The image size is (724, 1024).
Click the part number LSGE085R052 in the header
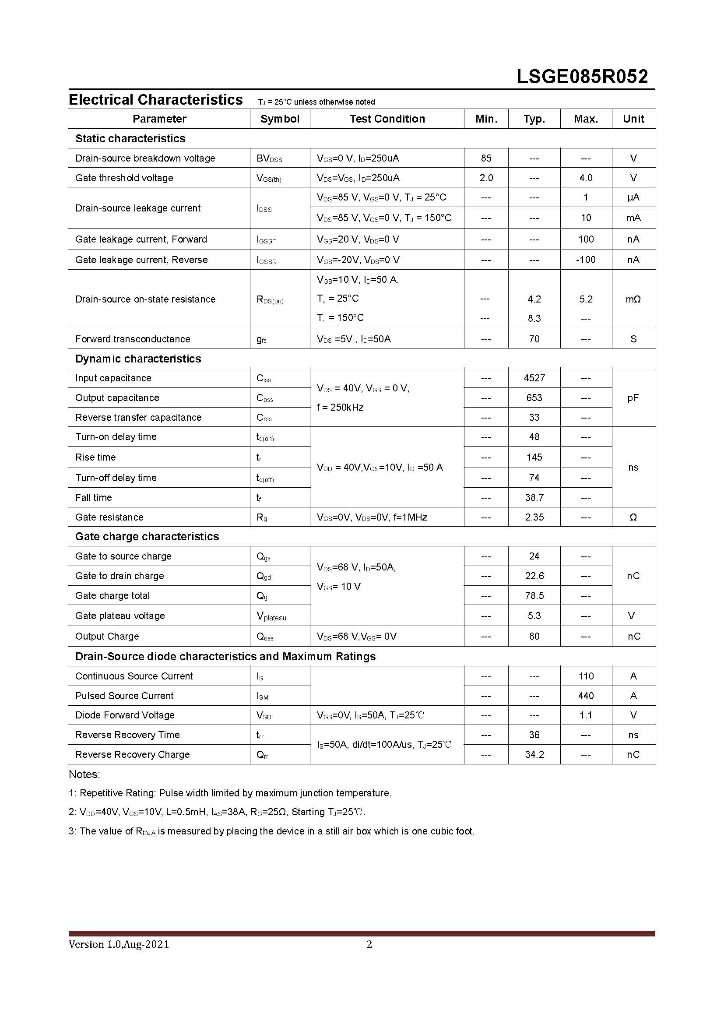pyautogui.click(x=582, y=77)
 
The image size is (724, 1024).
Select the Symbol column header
pyautogui.click(x=280, y=119)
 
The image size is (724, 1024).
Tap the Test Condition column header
pyautogui.click(x=387, y=119)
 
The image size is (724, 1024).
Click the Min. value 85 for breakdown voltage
pyautogui.click(x=486, y=158)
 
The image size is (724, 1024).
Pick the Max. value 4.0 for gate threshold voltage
pyautogui.click(x=586, y=178)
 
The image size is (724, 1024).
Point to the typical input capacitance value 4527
pyautogui.click(x=534, y=378)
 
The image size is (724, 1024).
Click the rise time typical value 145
pyautogui.click(x=534, y=457)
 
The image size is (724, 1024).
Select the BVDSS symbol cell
pyautogui.click(x=269, y=159)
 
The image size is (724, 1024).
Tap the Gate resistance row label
pyautogui.click(x=109, y=517)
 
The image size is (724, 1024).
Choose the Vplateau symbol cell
pyautogui.click(x=271, y=616)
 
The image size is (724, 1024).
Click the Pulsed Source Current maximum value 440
pyautogui.click(x=586, y=696)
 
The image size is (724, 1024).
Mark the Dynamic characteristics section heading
pyautogui.click(x=138, y=359)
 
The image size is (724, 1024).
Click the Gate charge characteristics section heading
pyautogui.click(x=147, y=537)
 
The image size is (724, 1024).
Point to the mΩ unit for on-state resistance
pyautogui.click(x=633, y=299)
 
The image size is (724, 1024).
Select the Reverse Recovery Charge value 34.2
pyautogui.click(x=534, y=755)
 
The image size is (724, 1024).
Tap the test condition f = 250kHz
pyautogui.click(x=340, y=407)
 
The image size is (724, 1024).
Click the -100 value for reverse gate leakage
pyautogui.click(x=585, y=260)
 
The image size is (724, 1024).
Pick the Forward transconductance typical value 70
pyautogui.click(x=534, y=339)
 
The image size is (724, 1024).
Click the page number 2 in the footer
pyautogui.click(x=369, y=944)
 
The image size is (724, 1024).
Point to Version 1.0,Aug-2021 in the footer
pyautogui.click(x=119, y=944)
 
